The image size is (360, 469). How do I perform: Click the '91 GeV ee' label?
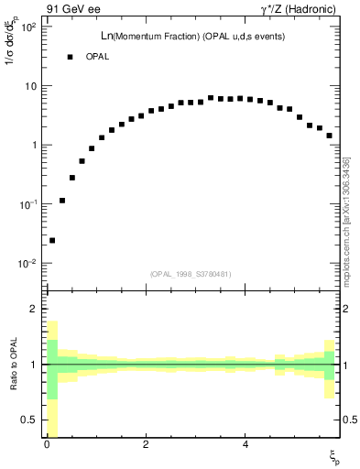[x=72, y=8]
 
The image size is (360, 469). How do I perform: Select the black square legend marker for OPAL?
[x=70, y=57]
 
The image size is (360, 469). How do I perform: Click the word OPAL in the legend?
[x=98, y=57]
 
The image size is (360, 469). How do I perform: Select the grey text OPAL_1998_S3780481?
[x=191, y=274]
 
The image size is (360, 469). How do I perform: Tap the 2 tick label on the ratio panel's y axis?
[x=35, y=309]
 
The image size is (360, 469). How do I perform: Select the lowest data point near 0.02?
[x=52, y=240]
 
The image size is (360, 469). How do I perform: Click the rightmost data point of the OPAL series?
[x=329, y=136]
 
